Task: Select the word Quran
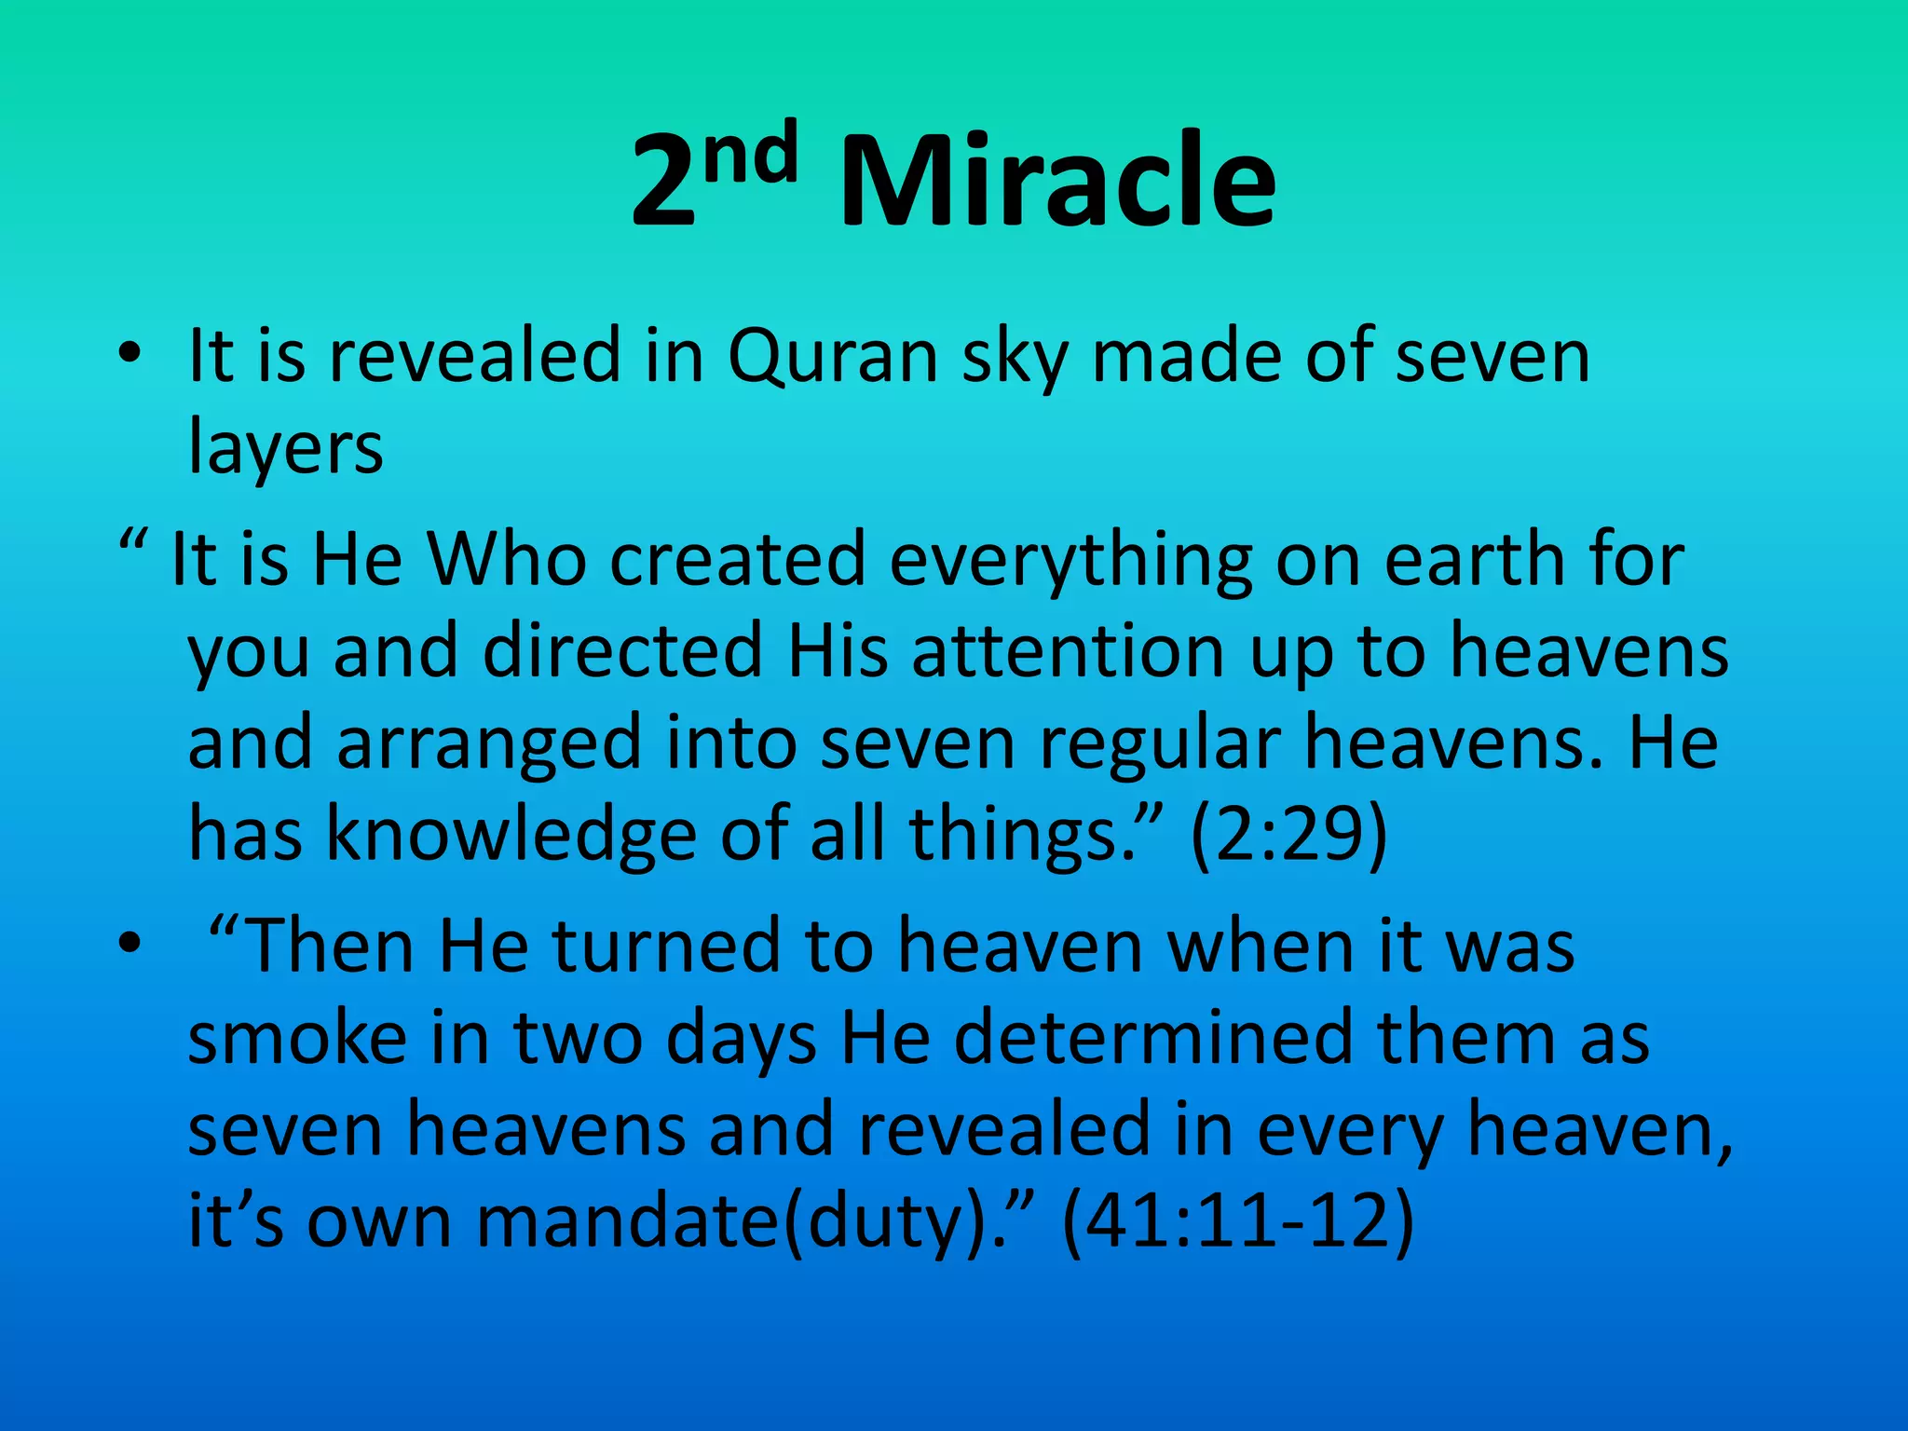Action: [x=832, y=356]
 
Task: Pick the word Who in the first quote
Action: [x=507, y=559]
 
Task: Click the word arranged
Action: [x=488, y=743]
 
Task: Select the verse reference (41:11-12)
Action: [x=1238, y=1220]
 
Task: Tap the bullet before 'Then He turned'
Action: [x=129, y=943]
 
